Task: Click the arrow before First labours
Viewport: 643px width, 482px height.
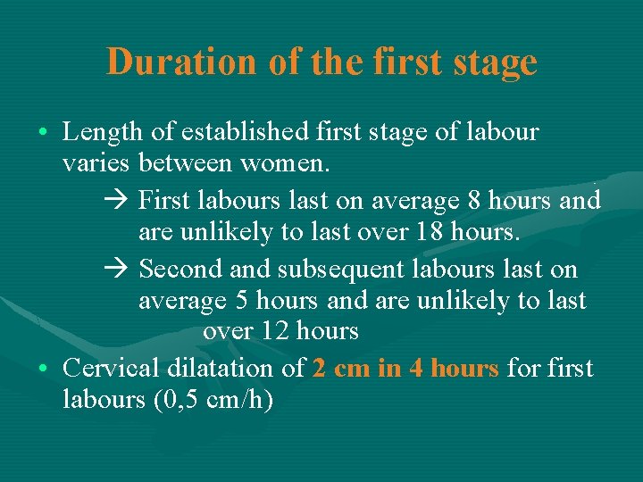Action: pos(123,200)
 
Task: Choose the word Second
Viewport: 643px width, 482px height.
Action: pos(181,269)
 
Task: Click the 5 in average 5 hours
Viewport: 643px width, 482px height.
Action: pos(240,302)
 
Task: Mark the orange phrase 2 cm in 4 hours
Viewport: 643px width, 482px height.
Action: pos(405,367)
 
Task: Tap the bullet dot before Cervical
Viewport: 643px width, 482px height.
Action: pos(44,369)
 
